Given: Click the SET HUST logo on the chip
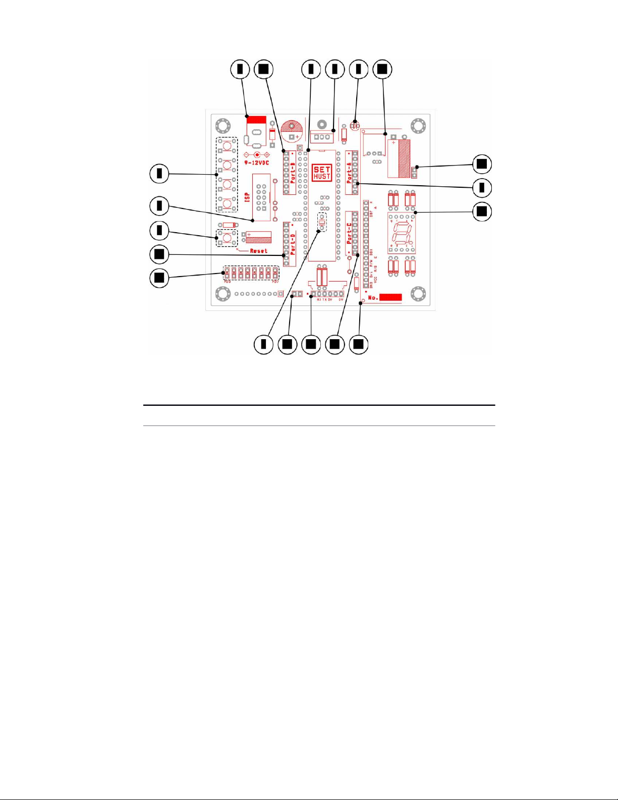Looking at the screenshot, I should [321, 173].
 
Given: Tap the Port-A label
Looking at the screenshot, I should [349, 172].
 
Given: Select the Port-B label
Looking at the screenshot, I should [293, 172].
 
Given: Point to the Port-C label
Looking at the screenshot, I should [349, 233].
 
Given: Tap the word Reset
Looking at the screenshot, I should [258, 251].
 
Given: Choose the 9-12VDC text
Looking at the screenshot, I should [257, 163].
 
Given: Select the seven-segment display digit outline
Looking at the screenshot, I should [402, 233].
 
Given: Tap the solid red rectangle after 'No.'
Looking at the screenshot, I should [390, 297].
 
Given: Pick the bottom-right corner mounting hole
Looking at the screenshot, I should [417, 293].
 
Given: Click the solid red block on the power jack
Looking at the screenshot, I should [256, 120].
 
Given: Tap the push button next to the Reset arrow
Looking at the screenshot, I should [228, 237].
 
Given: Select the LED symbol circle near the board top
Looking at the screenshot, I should [355, 122].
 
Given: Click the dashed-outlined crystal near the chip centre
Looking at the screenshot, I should [322, 221].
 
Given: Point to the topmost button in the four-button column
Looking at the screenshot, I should [228, 146].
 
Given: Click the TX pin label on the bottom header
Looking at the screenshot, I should [324, 300].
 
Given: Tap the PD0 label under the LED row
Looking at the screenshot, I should [228, 281].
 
